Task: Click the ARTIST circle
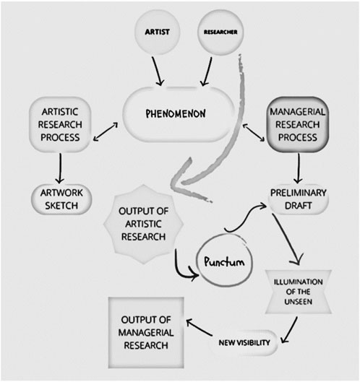158,32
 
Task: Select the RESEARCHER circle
220,32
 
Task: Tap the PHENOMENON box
176,114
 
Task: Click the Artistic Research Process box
60,124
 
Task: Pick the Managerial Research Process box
298,124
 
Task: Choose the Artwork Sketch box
61,199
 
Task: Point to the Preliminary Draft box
299,199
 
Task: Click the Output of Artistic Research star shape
144,224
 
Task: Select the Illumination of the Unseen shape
298,292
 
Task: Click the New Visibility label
244,343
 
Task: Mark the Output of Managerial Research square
146,333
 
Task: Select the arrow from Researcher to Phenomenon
207,71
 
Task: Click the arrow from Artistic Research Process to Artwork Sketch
60,168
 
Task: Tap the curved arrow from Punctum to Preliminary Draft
245,217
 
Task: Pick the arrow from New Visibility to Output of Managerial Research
199,328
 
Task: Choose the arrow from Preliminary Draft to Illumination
286,239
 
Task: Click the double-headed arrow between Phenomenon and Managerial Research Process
254,132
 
